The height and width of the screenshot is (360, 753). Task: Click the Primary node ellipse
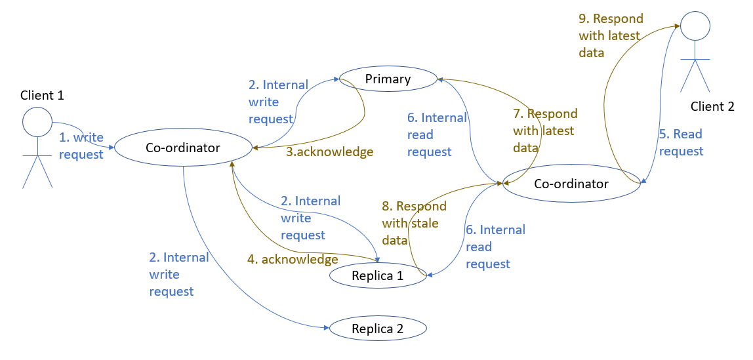tap(388, 79)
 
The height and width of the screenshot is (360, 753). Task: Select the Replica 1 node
tap(377, 276)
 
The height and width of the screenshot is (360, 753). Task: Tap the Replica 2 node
tap(378, 329)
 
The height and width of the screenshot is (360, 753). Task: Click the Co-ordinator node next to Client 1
tap(183, 148)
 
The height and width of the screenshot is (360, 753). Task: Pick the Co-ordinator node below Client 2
tap(571, 184)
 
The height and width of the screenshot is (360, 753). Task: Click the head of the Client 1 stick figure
tap(37, 122)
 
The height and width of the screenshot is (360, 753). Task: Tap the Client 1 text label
tap(42, 95)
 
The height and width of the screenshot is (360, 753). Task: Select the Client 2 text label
tap(712, 106)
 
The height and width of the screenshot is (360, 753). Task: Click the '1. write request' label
tap(81, 146)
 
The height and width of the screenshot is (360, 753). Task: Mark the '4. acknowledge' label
tap(293, 259)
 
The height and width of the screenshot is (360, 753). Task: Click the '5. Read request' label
tap(680, 143)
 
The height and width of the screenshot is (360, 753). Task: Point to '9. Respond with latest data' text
tap(610, 35)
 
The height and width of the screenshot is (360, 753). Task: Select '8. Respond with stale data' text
tap(413, 224)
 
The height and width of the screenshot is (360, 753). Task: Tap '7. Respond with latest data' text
tap(544, 130)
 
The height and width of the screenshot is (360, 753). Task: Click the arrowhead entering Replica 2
tap(326, 327)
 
